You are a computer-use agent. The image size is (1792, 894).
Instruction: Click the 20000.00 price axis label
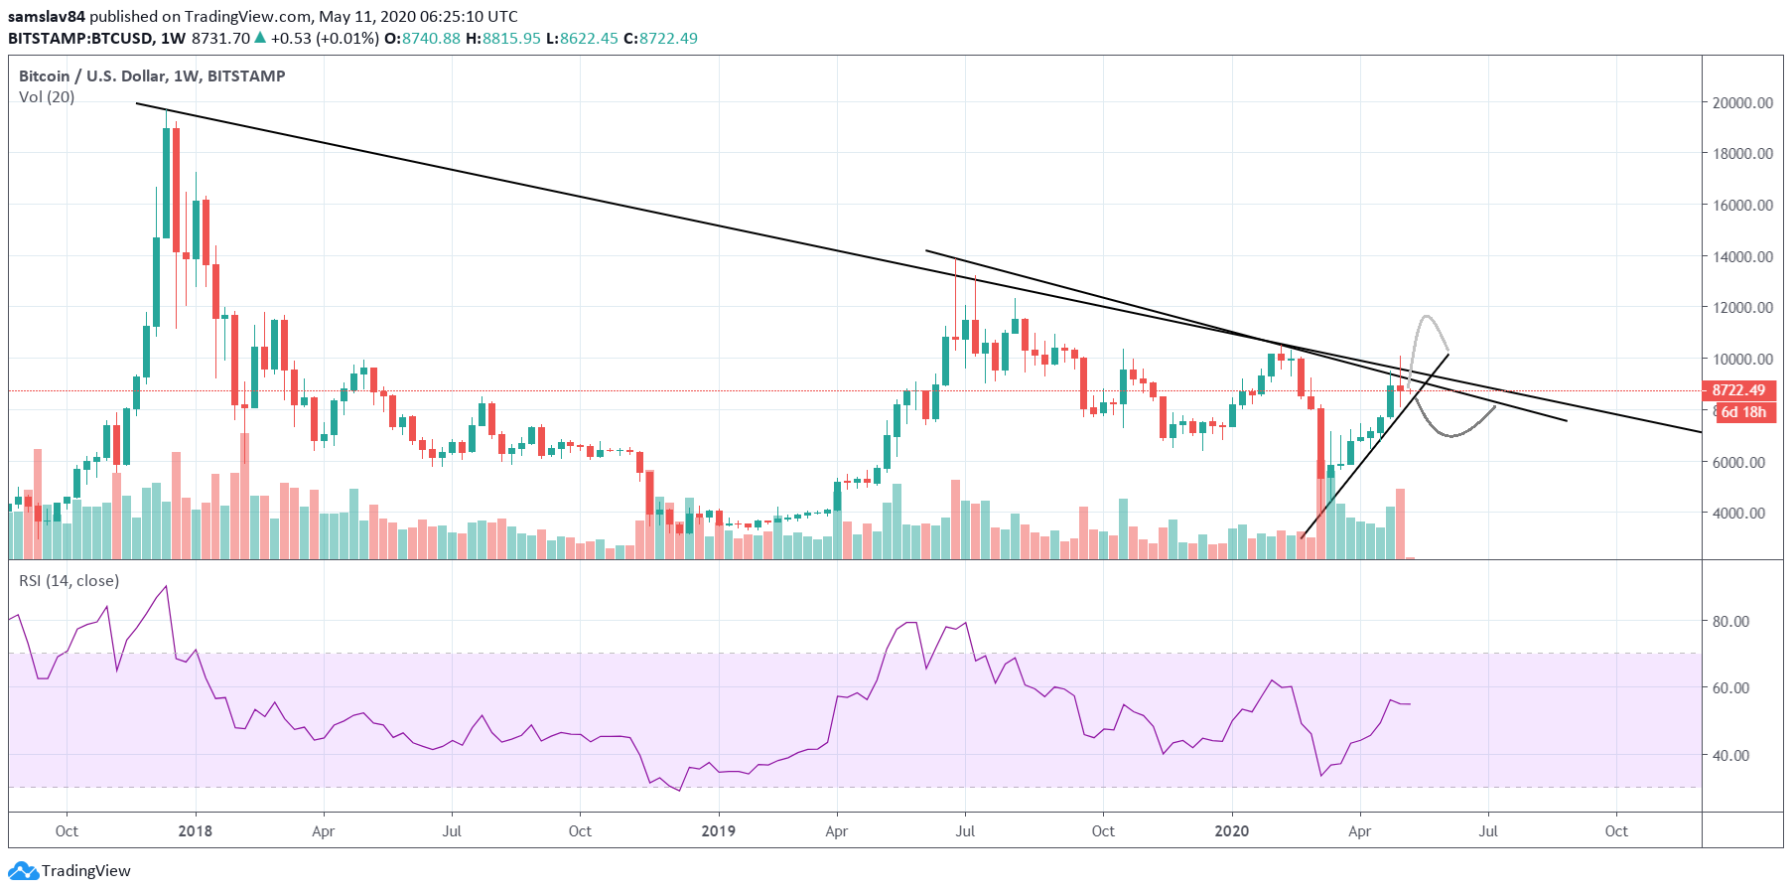(x=1742, y=102)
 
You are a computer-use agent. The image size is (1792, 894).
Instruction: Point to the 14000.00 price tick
(x=1742, y=256)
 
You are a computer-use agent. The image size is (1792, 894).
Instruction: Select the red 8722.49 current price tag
(x=1738, y=390)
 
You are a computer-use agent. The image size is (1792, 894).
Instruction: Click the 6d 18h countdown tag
(x=1742, y=412)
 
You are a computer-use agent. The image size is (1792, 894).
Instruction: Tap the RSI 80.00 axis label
(x=1730, y=621)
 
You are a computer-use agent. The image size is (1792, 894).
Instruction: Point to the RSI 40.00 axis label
(x=1730, y=755)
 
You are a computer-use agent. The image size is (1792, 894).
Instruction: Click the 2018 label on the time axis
(x=195, y=831)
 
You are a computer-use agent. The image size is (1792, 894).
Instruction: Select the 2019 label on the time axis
(x=718, y=831)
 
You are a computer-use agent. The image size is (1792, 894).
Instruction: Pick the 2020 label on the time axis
(x=1232, y=831)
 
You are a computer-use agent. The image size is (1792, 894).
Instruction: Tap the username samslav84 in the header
(x=47, y=16)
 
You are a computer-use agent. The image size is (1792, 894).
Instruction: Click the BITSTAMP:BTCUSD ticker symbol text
(x=80, y=39)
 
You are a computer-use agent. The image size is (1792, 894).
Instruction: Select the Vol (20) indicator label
(x=47, y=97)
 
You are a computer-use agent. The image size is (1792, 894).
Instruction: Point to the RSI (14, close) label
(x=69, y=581)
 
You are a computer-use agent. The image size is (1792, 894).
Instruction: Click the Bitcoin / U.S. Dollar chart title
(x=152, y=76)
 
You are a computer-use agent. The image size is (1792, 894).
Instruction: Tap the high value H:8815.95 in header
(x=503, y=39)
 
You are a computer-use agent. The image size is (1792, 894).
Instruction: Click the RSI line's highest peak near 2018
(x=166, y=586)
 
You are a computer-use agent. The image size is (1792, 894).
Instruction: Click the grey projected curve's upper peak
(x=1427, y=317)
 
